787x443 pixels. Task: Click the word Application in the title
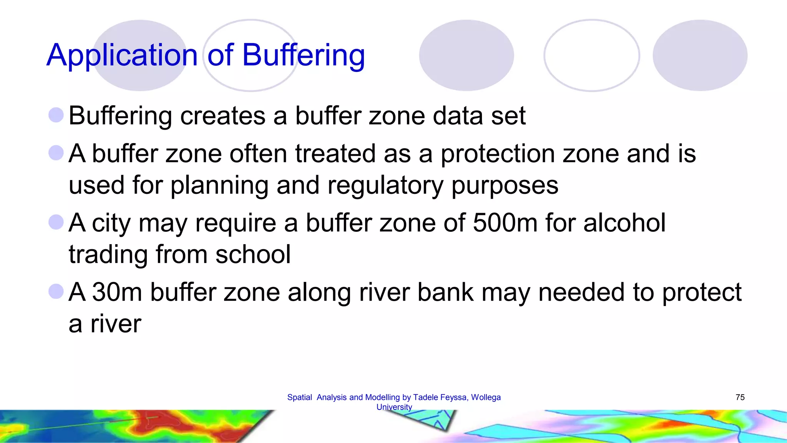(x=122, y=56)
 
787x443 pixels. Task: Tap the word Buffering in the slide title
(x=303, y=56)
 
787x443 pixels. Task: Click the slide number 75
(x=740, y=397)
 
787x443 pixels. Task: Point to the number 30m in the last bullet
(x=117, y=292)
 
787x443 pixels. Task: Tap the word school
(x=253, y=254)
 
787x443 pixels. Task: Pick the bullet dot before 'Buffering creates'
(x=56, y=115)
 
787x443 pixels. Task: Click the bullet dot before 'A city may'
(x=56, y=222)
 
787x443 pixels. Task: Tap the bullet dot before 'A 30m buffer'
(x=56, y=291)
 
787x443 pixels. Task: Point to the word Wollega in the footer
(x=486, y=397)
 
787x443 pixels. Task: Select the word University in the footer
(x=394, y=407)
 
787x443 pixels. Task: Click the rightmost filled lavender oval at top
(x=700, y=55)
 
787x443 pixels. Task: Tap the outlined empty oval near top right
(x=591, y=55)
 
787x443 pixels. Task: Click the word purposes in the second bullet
(x=505, y=185)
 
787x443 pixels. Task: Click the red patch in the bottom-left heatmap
(x=169, y=425)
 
